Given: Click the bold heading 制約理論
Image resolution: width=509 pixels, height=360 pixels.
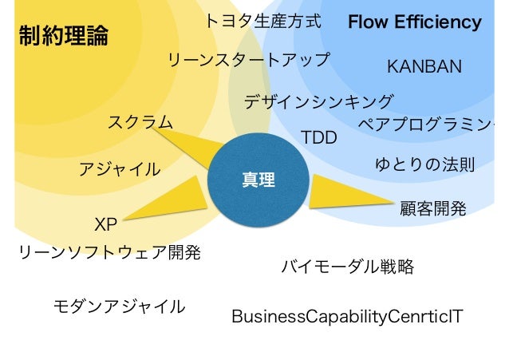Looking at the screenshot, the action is click(63, 36).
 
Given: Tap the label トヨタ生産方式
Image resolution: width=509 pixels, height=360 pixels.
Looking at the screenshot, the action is click(262, 22).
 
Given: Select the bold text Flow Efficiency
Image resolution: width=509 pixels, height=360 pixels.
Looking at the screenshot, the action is click(414, 22).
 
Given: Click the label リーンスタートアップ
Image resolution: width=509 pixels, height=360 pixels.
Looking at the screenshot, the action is click(248, 60).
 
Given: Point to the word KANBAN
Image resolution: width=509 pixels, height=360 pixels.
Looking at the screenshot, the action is click(424, 66).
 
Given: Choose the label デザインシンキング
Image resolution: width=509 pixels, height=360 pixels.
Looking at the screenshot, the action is click(318, 102).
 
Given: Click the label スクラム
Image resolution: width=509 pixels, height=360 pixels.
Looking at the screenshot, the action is click(140, 122).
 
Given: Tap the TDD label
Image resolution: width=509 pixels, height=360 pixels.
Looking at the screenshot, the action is click(319, 138).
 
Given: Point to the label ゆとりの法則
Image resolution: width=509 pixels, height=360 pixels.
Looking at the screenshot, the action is click(424, 165).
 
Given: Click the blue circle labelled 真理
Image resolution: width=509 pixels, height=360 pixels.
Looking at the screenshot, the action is click(258, 181).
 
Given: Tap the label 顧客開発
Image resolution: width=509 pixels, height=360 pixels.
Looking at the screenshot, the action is click(432, 209).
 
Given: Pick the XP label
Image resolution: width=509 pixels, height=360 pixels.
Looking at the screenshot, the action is click(105, 223).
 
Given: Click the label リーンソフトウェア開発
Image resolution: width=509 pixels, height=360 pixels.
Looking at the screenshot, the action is click(109, 253).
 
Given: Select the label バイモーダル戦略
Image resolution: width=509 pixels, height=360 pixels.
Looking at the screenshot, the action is click(347, 267).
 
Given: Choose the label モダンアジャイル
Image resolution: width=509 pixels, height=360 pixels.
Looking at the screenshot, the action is click(119, 306).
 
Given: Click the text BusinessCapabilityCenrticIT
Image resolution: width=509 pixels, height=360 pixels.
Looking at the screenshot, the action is click(346, 317).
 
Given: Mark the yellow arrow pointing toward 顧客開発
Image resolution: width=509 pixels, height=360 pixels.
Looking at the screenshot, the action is click(343, 195).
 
